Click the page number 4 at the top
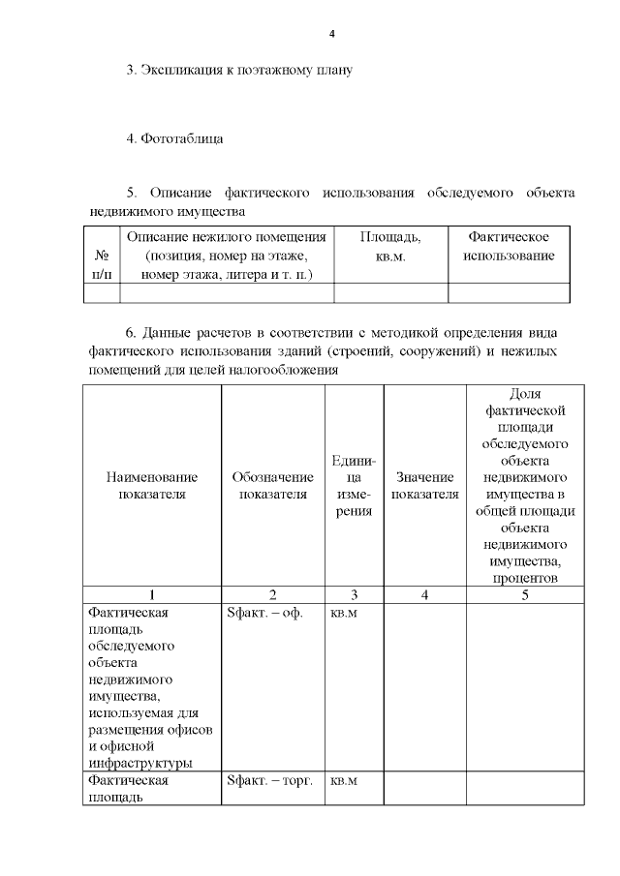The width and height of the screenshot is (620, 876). tap(332, 35)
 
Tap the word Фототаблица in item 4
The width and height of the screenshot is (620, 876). tap(182, 138)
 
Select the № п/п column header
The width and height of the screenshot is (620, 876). tap(101, 265)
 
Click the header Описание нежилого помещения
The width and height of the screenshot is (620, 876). tap(226, 256)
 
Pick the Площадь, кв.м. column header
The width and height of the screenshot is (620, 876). tap(389, 246)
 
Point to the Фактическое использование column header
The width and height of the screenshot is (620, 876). tap(509, 246)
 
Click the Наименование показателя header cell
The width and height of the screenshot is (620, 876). tap(152, 485)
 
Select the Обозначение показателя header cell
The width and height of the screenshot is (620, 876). tap(273, 485)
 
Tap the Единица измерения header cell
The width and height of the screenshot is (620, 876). tap(355, 485)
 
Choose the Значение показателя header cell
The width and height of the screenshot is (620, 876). tap(425, 485)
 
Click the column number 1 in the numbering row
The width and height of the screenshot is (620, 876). tap(152, 595)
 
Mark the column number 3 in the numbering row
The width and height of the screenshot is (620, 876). tap(355, 595)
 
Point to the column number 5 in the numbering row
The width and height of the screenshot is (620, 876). tap(525, 595)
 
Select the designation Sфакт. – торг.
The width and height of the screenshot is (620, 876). tap(269, 780)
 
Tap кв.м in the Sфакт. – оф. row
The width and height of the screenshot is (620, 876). tap(345, 613)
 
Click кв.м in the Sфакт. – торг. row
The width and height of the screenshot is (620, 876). tap(345, 780)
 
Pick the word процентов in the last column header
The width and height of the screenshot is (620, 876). tap(525, 578)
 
